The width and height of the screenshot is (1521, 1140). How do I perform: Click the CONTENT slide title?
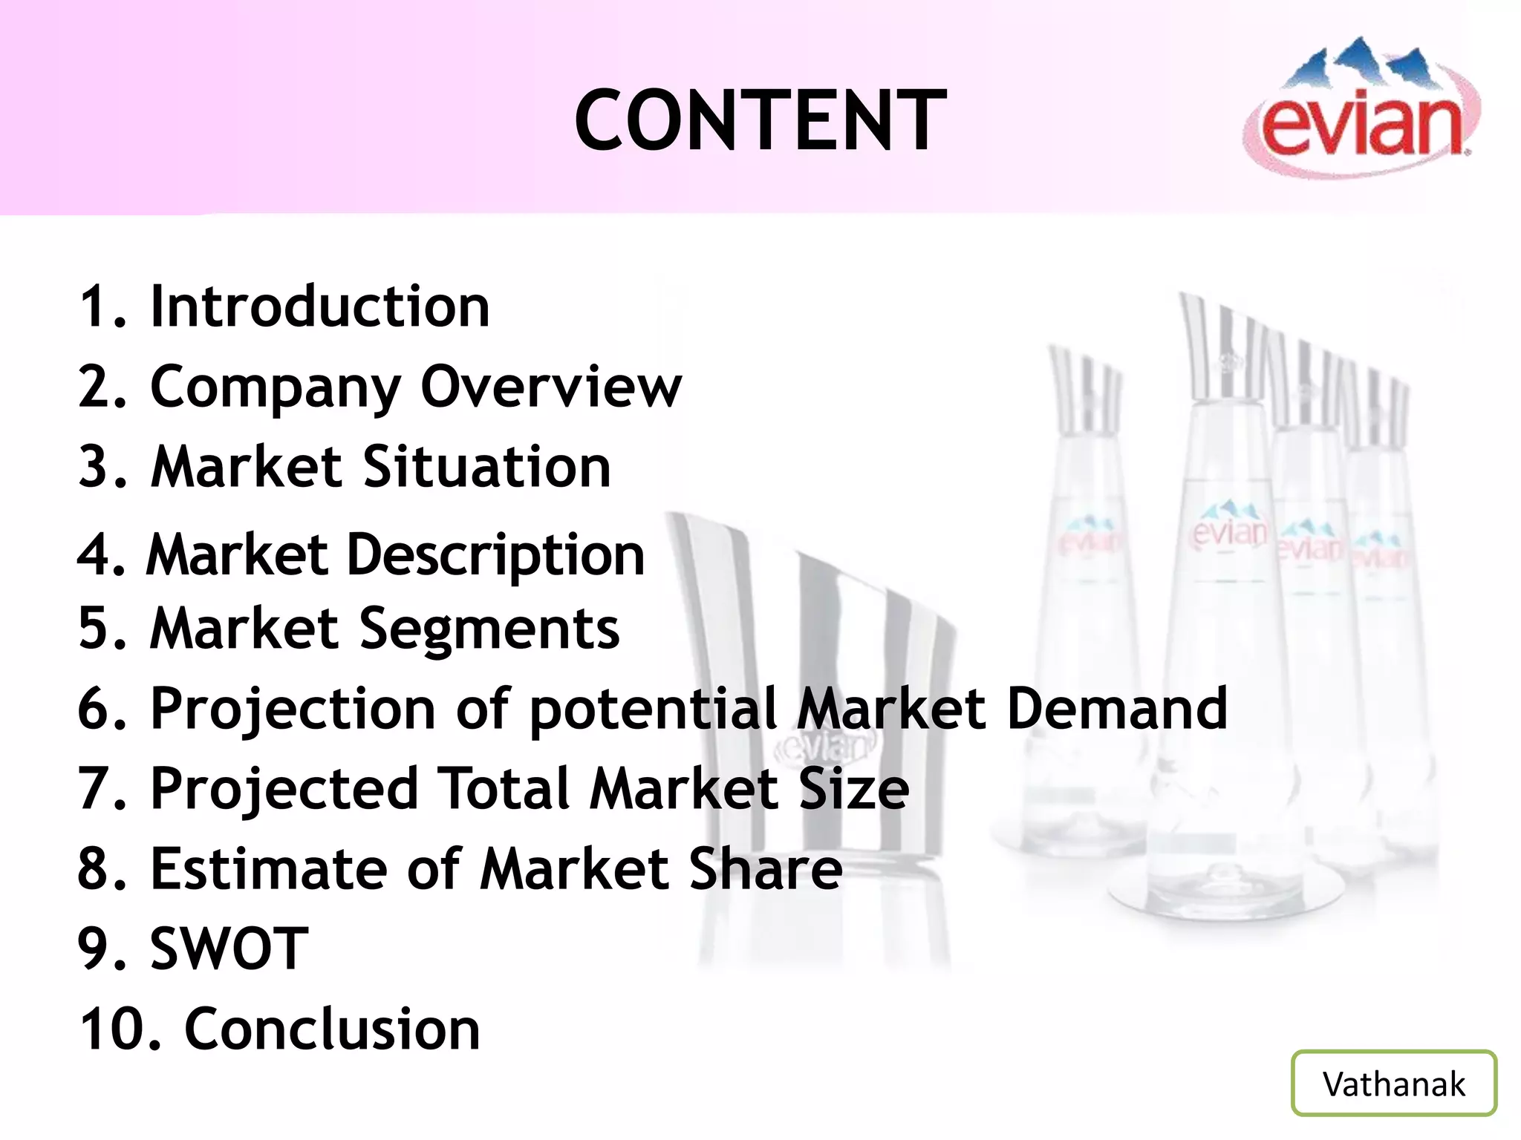pos(760,119)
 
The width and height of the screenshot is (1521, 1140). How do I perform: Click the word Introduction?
pos(320,306)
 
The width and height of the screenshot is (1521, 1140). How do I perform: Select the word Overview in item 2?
pos(550,387)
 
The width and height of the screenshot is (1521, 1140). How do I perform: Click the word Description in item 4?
pos(495,555)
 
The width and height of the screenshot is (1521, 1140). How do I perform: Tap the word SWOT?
pos(229,949)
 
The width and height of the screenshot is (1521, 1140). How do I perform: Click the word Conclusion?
pos(332,1029)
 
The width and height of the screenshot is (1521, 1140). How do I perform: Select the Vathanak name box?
pos(1393,1083)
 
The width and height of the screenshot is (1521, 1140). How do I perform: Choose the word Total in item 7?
pos(504,788)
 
